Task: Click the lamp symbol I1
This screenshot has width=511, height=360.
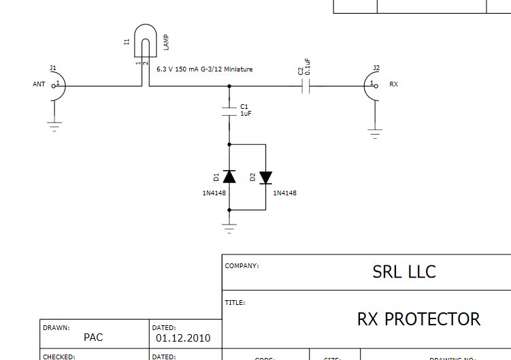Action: tap(145, 41)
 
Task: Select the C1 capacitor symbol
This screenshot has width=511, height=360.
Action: tap(230, 110)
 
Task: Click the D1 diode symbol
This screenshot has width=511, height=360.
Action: tap(230, 177)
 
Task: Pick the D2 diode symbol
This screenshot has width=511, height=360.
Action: tap(265, 177)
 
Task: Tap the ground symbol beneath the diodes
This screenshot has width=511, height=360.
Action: tap(230, 227)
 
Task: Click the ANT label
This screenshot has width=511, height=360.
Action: tap(39, 84)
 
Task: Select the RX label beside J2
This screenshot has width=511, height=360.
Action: tap(393, 84)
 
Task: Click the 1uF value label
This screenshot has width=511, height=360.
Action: tap(246, 114)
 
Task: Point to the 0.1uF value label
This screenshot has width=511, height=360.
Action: tap(308, 66)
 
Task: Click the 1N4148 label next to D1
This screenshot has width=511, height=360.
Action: tap(214, 193)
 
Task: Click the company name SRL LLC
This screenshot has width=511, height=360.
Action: tap(404, 272)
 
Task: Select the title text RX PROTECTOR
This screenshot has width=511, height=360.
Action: tap(418, 318)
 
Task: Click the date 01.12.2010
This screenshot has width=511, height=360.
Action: tap(183, 338)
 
